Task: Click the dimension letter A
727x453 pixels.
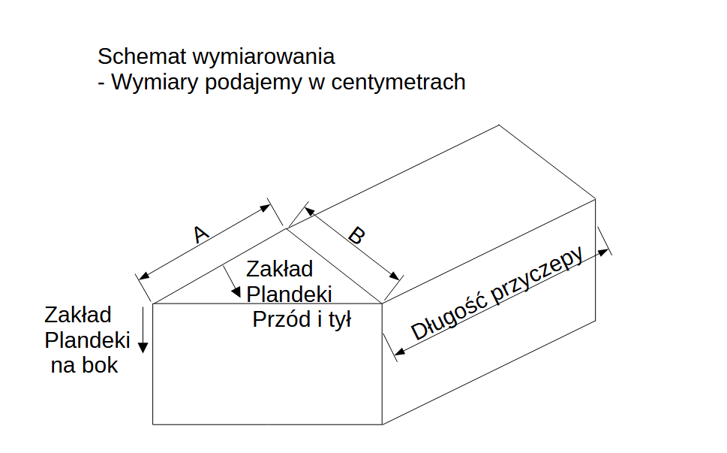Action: [x=201, y=235]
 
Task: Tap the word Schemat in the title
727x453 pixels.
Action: [x=142, y=56]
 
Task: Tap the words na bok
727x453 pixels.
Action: [x=84, y=366]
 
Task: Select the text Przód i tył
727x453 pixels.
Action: [x=302, y=319]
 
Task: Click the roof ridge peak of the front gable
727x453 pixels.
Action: [x=286, y=226]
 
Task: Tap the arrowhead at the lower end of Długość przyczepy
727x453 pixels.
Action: [x=398, y=352]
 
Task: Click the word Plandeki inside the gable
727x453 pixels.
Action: [x=289, y=294]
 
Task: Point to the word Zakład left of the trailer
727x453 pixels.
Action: [x=78, y=314]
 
